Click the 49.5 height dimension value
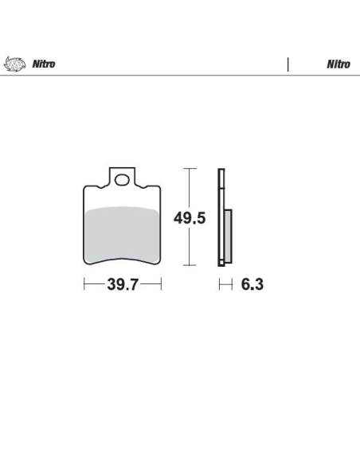point(190,218)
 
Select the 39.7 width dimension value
point(123,284)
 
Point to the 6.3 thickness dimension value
point(252,284)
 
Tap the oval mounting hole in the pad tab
point(122,180)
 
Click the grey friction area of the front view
point(122,234)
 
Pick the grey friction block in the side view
point(228,236)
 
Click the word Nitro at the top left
point(44,64)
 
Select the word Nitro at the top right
point(338,64)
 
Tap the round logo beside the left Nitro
point(14,64)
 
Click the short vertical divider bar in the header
point(288,64)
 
